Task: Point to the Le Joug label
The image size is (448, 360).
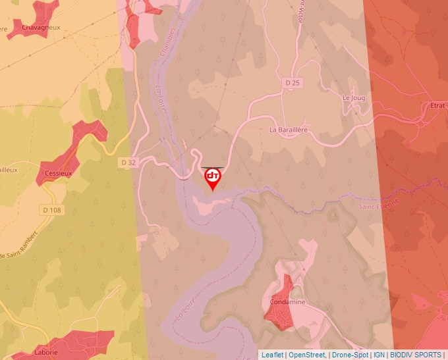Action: point(354,97)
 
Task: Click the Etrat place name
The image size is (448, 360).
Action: point(437,105)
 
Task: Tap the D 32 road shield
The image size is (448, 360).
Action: point(128,162)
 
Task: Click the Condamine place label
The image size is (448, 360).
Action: point(287,302)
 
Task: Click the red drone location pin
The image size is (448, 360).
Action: point(213,178)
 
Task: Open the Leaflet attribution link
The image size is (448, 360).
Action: point(272,355)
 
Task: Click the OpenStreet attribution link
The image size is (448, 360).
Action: point(307,355)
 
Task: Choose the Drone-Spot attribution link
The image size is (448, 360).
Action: point(350,355)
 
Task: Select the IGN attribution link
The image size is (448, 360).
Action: point(379,355)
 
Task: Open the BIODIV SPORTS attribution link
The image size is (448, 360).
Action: point(415,355)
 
